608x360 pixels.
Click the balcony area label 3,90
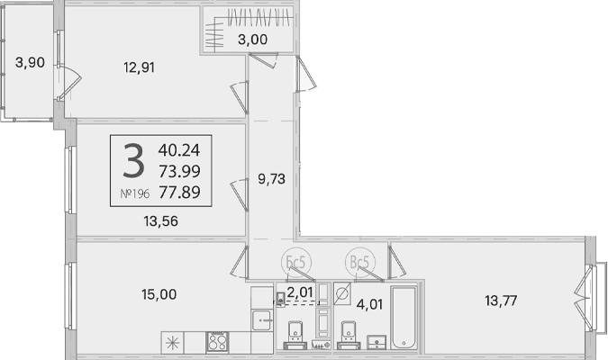coord(30,62)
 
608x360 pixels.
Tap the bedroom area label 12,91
coord(140,67)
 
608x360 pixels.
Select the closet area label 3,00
coord(252,39)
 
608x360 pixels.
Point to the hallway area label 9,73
coord(271,178)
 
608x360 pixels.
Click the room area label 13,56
coord(161,220)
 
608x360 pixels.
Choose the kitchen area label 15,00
coord(159,294)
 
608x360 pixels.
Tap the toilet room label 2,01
coord(300,292)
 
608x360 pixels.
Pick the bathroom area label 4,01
coord(369,304)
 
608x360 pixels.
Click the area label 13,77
coord(501,301)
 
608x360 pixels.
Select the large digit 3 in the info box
coord(134,160)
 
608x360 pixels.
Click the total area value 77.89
coord(179,192)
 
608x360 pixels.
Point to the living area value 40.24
coord(179,150)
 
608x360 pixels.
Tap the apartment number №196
coord(135,193)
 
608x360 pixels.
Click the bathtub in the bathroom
coord(404,318)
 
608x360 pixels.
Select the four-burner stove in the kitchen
coord(217,342)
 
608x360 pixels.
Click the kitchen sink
coord(262,320)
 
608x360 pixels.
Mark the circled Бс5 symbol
coord(296,262)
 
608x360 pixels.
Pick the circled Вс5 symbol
coord(360,262)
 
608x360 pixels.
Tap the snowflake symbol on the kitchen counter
coord(172,343)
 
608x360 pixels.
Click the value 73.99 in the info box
coord(179,171)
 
